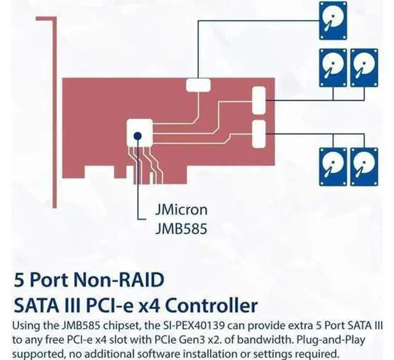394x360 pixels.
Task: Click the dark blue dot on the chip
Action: [137, 136]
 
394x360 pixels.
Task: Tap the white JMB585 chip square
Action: [140, 133]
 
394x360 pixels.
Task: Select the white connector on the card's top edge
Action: [198, 85]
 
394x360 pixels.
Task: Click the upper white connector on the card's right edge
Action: [259, 100]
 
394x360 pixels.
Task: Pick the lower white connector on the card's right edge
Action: [259, 134]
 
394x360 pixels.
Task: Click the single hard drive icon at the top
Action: [333, 20]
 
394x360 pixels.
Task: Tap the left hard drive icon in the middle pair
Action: [333, 68]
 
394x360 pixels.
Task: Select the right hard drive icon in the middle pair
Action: [364, 68]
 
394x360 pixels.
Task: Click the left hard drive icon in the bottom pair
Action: [333, 167]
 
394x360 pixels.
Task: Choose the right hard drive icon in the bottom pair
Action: [364, 167]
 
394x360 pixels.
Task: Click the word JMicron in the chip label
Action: [181, 210]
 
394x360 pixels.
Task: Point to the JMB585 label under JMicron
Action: [181, 228]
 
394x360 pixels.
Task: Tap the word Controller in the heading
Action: [212, 305]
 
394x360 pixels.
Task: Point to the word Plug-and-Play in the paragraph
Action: [331, 340]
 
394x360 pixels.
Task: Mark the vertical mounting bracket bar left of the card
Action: [55, 113]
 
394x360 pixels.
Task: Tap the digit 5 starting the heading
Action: [18, 280]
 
